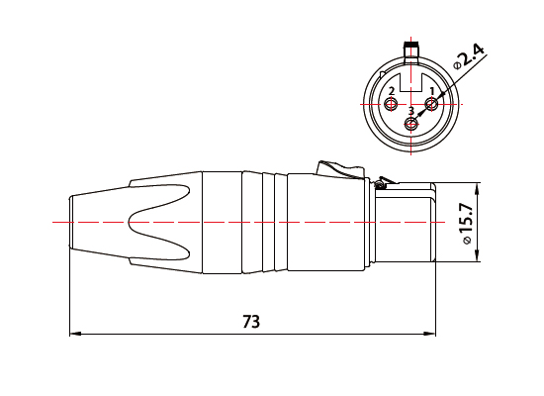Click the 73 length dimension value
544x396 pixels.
click(x=251, y=322)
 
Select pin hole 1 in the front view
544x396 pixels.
click(x=431, y=104)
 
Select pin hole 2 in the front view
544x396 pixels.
click(x=393, y=104)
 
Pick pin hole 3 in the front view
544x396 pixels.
click(x=411, y=124)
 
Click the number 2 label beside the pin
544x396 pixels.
click(x=392, y=91)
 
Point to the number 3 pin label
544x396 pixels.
click(x=411, y=111)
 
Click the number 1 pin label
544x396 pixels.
click(x=431, y=91)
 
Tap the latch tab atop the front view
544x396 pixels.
click(x=410, y=47)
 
